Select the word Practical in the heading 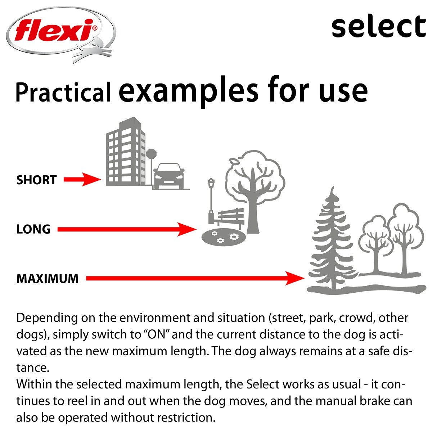click(x=63, y=93)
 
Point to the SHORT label click(x=36, y=180)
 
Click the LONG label click(x=33, y=229)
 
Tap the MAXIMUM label click(x=47, y=278)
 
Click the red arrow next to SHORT click(x=82, y=179)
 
